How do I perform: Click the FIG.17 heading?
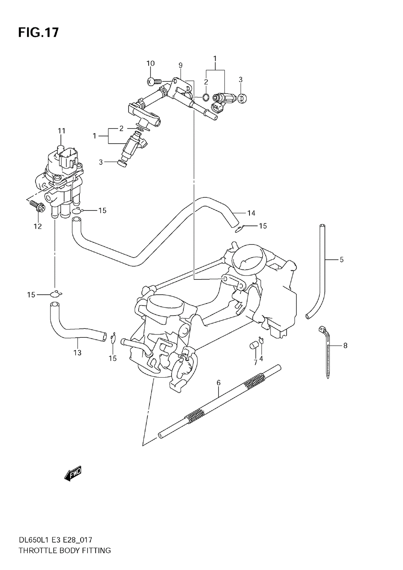click(38, 33)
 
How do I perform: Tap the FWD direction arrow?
click(73, 473)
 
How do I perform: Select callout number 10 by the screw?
click(151, 63)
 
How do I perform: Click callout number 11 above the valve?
click(61, 131)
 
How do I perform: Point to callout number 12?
click(38, 226)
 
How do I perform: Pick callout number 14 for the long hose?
click(251, 213)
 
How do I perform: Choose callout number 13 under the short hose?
click(77, 353)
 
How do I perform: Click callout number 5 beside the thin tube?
click(342, 260)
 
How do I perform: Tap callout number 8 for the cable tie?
click(345, 345)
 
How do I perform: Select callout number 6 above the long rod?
click(218, 383)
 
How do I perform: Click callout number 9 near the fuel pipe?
click(181, 65)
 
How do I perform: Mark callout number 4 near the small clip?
click(261, 359)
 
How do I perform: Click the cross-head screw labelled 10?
click(154, 81)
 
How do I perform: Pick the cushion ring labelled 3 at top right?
click(242, 98)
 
